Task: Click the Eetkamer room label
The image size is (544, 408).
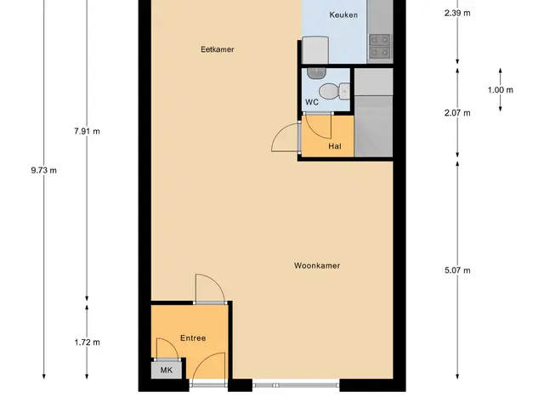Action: pyautogui.click(x=218, y=49)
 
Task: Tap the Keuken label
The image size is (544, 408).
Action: pyautogui.click(x=343, y=14)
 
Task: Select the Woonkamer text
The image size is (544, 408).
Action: pyautogui.click(x=317, y=265)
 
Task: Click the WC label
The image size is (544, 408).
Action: pyautogui.click(x=312, y=102)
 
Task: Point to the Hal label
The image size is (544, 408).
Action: pyautogui.click(x=335, y=146)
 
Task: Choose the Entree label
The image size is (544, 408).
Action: pyautogui.click(x=193, y=338)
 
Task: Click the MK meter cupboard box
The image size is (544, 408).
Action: pyautogui.click(x=167, y=370)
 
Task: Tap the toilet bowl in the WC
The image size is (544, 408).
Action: pyautogui.click(x=334, y=91)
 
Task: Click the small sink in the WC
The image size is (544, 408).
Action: pyautogui.click(x=316, y=73)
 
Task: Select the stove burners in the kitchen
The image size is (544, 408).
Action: pyautogui.click(x=380, y=46)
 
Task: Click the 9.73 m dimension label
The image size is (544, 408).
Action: pyautogui.click(x=43, y=170)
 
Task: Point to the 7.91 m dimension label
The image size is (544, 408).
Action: pyautogui.click(x=87, y=131)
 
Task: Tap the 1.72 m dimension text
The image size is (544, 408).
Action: pyautogui.click(x=87, y=342)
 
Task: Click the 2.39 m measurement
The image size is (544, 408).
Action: pyautogui.click(x=457, y=14)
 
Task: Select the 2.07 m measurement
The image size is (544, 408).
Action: pyautogui.click(x=457, y=113)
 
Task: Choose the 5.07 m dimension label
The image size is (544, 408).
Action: pyautogui.click(x=457, y=270)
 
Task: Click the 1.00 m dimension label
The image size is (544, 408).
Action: pyautogui.click(x=501, y=90)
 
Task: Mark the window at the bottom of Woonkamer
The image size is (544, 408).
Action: pyautogui.click(x=296, y=385)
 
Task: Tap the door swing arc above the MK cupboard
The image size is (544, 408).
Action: pyautogui.click(x=173, y=343)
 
